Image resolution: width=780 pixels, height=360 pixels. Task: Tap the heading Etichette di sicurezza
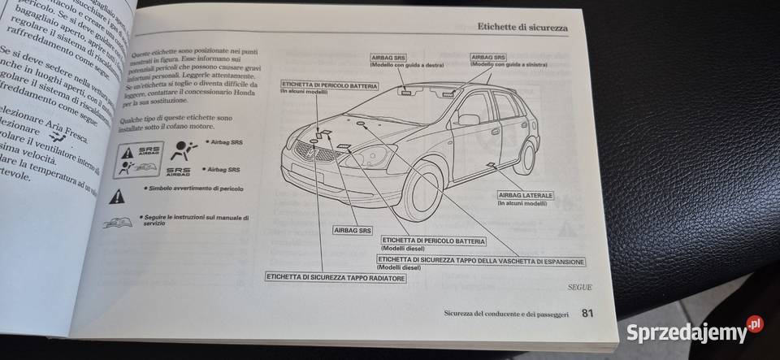(522, 28)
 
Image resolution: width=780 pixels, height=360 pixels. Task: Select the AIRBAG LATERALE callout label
(526, 199)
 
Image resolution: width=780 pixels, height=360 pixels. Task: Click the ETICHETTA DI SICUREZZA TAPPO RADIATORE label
(335, 278)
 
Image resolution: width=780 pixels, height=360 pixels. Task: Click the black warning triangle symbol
(118, 195)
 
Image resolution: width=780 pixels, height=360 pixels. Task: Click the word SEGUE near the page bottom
(579, 288)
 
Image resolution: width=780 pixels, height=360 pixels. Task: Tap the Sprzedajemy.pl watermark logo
(694, 331)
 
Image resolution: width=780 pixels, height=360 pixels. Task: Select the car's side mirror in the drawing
(469, 119)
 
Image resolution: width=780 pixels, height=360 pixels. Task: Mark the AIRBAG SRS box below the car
(353, 231)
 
